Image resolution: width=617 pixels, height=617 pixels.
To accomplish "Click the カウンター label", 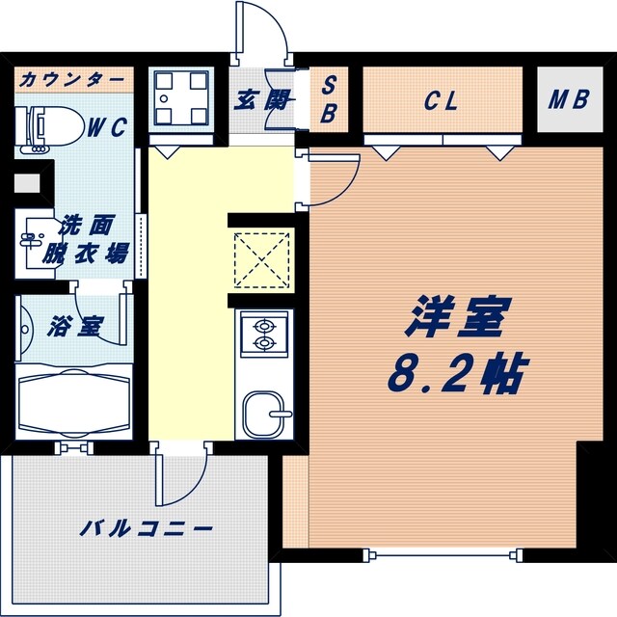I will [x=71, y=78].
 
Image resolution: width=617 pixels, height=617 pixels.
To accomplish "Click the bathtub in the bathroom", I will [x=75, y=401].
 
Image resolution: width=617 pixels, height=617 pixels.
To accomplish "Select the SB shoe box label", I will [x=328, y=99].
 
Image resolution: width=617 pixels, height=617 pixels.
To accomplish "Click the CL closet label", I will [x=440, y=98].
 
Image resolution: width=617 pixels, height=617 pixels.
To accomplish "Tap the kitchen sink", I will [x=263, y=414].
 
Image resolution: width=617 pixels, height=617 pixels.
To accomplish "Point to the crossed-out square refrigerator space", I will [x=262, y=259].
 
